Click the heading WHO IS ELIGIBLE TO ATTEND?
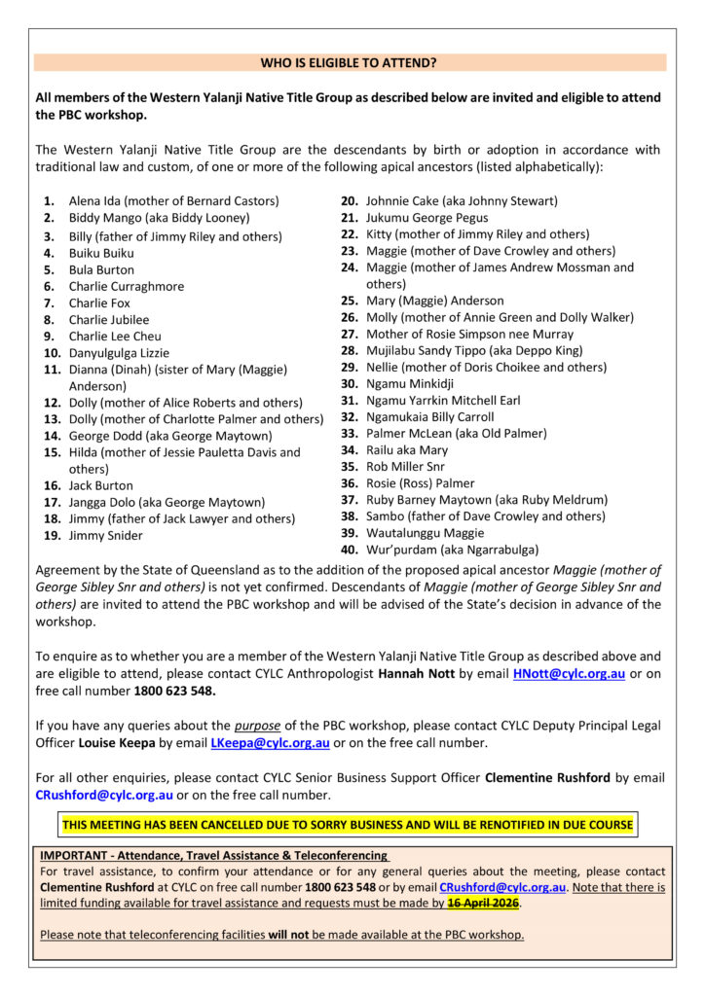(x=349, y=63)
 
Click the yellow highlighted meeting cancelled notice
(x=348, y=825)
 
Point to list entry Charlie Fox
(x=99, y=302)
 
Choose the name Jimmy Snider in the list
(x=105, y=535)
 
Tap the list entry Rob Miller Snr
(x=405, y=466)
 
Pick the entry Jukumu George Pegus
(x=427, y=218)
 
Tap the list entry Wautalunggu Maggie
(x=425, y=532)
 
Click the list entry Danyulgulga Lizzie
(x=119, y=353)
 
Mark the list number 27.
(x=350, y=334)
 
